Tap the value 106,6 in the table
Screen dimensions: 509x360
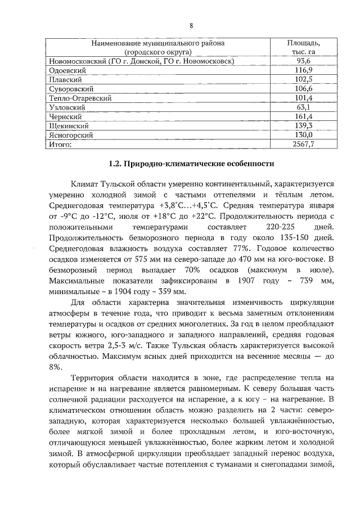[x=304, y=89]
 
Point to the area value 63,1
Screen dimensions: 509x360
[x=304, y=107]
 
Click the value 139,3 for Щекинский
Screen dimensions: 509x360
[x=304, y=126]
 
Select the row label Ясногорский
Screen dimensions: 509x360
[x=70, y=136]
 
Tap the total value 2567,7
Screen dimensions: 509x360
[x=304, y=145]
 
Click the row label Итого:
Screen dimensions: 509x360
[x=60, y=145]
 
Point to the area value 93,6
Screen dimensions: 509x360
[x=304, y=61]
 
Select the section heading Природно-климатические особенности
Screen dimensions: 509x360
[x=191, y=165]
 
